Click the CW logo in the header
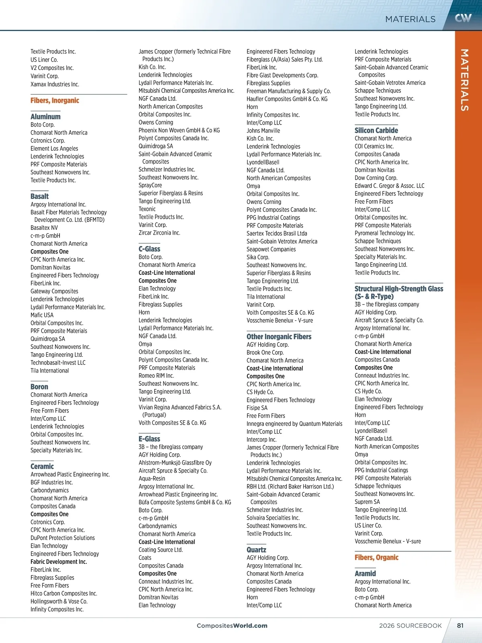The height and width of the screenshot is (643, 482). [x=463, y=18]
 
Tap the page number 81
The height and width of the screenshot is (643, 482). [x=460, y=625]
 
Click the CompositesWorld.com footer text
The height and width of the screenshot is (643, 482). [x=232, y=626]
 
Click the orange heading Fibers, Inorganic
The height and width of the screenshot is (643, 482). [x=55, y=100]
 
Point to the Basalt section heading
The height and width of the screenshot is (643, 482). [x=39, y=196]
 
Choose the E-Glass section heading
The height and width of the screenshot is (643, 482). [x=149, y=439]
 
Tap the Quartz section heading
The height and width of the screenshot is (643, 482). [x=256, y=550]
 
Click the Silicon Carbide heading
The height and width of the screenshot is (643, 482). [x=376, y=130]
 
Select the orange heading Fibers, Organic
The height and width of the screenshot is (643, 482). [x=376, y=557]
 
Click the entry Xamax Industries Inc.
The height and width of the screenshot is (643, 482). [x=55, y=84]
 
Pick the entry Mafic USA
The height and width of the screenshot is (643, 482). [x=42, y=315]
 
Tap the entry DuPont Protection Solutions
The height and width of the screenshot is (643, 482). [x=63, y=538]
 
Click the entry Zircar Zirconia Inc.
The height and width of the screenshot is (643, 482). [x=159, y=233]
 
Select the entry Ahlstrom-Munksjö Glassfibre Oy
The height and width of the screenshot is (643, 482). [x=175, y=463]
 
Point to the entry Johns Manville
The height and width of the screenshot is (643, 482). [x=263, y=131]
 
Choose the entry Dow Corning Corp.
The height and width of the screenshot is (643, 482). [x=376, y=178]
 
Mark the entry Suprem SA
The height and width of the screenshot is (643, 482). [x=367, y=502]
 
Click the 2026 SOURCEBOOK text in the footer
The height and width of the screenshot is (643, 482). [x=410, y=626]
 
